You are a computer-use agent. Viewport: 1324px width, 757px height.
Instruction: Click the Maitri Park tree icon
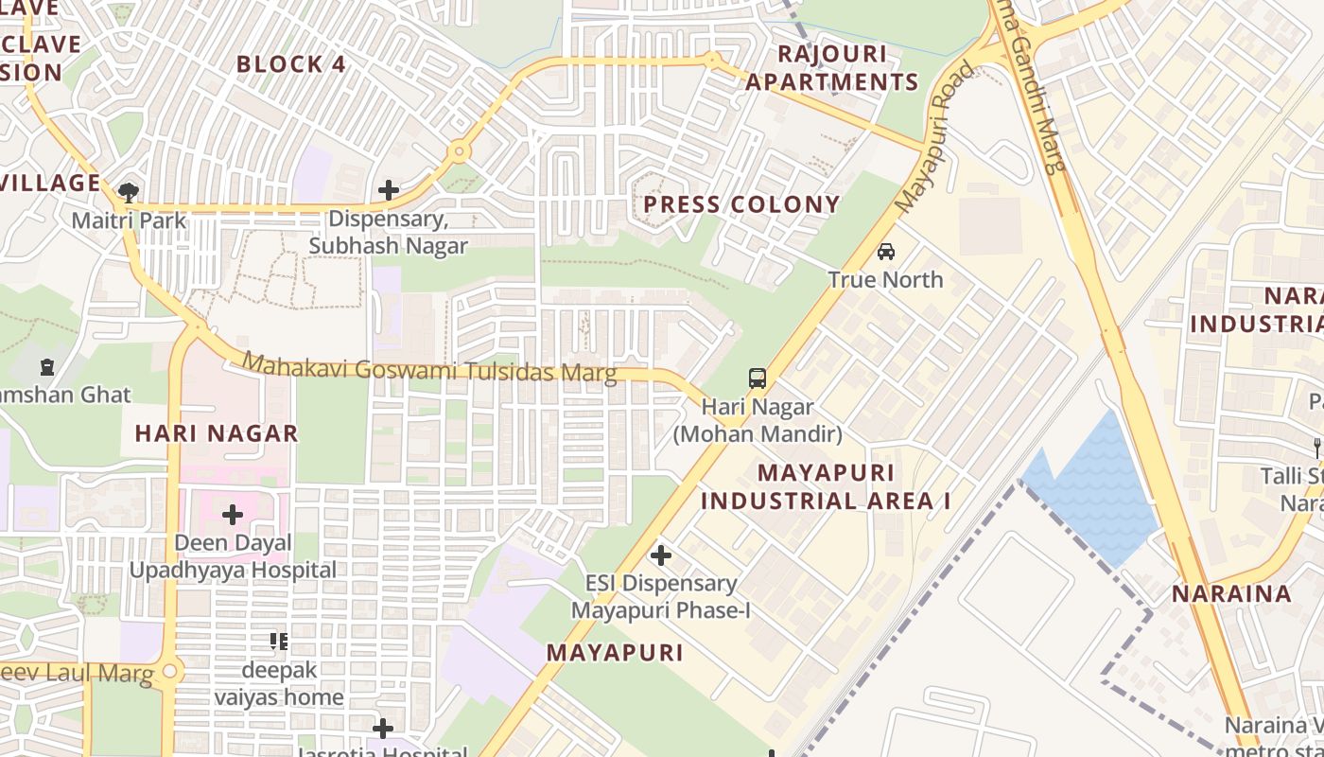click(x=129, y=193)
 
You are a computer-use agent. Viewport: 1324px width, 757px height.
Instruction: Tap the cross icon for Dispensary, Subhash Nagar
click(x=388, y=190)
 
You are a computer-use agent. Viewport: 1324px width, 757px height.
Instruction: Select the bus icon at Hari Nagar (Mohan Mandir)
click(x=758, y=378)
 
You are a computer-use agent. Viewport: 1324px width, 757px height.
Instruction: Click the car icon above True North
click(x=886, y=251)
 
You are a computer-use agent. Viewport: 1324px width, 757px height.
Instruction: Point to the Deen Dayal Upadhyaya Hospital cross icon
click(x=233, y=515)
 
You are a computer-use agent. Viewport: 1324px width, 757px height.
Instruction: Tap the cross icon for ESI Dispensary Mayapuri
click(x=661, y=555)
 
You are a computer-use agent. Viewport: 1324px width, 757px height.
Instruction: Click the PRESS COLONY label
click(x=741, y=204)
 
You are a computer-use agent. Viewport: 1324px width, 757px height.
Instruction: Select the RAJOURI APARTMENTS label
click(x=832, y=67)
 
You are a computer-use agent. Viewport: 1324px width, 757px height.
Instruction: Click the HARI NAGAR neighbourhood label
click(x=217, y=433)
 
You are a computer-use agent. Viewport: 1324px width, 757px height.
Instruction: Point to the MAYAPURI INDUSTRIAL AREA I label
click(x=826, y=486)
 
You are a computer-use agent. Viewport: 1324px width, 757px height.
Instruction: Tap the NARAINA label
click(x=1231, y=594)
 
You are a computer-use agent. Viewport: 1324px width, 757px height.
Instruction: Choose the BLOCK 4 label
click(x=291, y=64)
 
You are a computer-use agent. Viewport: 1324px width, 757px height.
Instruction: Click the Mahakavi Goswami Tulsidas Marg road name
click(x=429, y=368)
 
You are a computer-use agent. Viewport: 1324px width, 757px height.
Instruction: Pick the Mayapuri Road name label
click(x=934, y=136)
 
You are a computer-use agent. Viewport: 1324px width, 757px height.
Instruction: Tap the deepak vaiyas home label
click(x=279, y=683)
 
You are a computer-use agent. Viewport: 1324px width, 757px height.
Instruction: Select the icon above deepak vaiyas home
click(x=279, y=642)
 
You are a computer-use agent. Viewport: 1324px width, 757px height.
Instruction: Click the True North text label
click(x=885, y=279)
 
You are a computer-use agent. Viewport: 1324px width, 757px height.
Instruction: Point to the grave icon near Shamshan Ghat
click(x=47, y=366)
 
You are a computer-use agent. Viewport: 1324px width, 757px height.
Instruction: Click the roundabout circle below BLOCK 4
click(x=460, y=150)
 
